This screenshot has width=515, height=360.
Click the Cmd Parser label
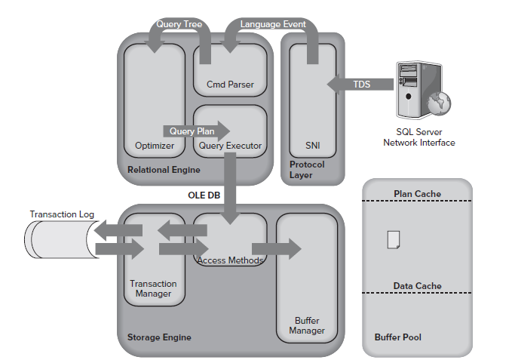[x=230, y=84]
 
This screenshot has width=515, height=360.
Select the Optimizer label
[x=155, y=145]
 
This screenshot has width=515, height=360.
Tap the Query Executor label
[x=230, y=145]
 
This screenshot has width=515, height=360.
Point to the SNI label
[x=313, y=145]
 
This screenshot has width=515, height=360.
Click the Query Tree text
[x=178, y=24]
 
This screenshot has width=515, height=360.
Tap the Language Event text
[x=273, y=24]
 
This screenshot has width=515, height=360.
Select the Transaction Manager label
[x=153, y=288]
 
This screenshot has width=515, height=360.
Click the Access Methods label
[x=230, y=260]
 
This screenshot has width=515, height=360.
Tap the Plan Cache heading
[x=417, y=194]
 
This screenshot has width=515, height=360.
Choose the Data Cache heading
[x=417, y=286]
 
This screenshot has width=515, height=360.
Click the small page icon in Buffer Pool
[x=393, y=240]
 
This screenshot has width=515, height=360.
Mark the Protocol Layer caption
[x=306, y=170]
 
